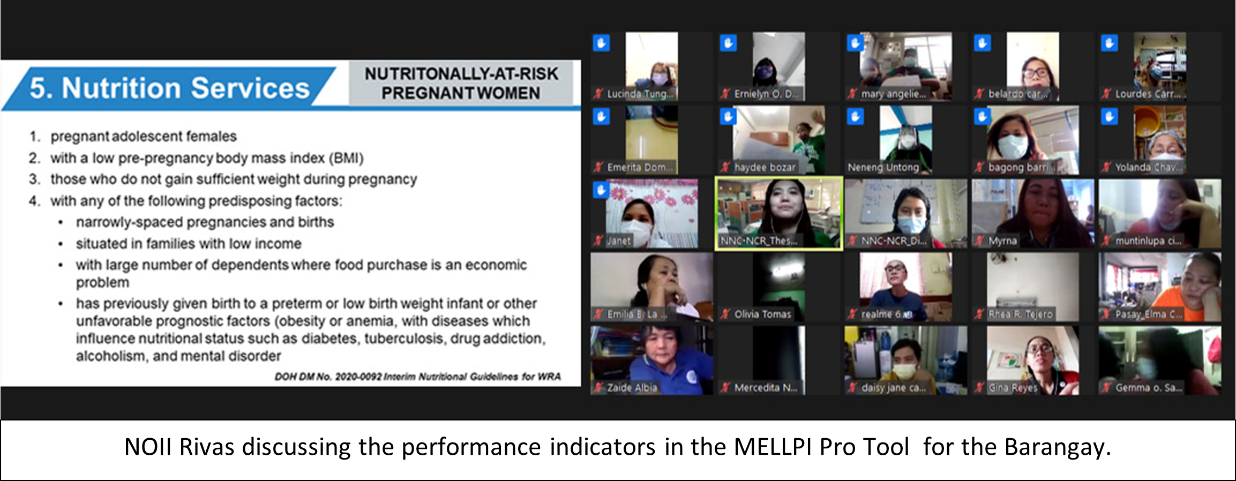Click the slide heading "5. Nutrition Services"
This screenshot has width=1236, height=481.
point(169,88)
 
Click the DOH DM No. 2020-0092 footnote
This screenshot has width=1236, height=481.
point(417,377)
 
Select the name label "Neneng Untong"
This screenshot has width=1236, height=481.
point(883,167)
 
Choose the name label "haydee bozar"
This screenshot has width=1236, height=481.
point(765,167)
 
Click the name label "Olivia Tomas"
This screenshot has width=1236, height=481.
point(762,314)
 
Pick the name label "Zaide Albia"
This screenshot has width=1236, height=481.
point(632,388)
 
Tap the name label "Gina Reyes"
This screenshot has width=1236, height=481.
point(1013,388)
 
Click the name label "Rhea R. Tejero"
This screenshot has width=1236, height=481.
point(1020,314)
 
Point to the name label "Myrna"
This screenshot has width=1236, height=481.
point(1002,241)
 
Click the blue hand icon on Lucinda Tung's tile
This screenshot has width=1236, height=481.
point(601,43)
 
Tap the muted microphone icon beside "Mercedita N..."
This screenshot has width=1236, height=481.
point(725,388)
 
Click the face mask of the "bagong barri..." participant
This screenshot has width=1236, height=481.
point(1013,146)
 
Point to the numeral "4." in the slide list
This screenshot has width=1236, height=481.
point(34,201)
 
